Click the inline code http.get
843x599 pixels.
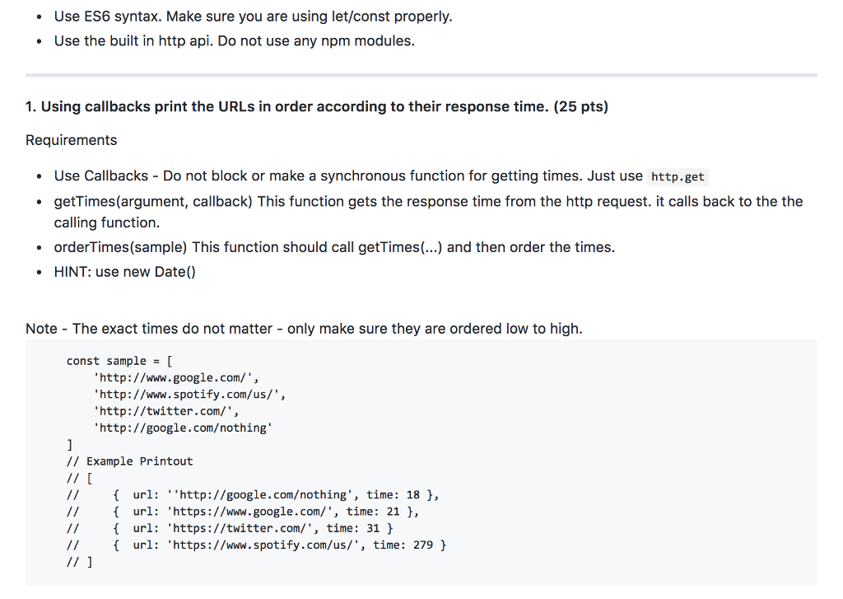coord(678,176)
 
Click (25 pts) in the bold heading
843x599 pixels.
coord(581,106)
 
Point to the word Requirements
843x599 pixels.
coord(72,140)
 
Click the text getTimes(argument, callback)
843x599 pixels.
coord(153,201)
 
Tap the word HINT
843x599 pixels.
coord(72,272)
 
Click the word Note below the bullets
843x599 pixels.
coord(41,329)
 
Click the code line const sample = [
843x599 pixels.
coord(119,361)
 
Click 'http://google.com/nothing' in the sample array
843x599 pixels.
coord(183,428)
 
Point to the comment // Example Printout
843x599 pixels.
coord(129,461)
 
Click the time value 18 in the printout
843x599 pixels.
coord(413,495)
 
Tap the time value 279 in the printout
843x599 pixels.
coord(423,545)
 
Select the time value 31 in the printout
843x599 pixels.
coord(373,528)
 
